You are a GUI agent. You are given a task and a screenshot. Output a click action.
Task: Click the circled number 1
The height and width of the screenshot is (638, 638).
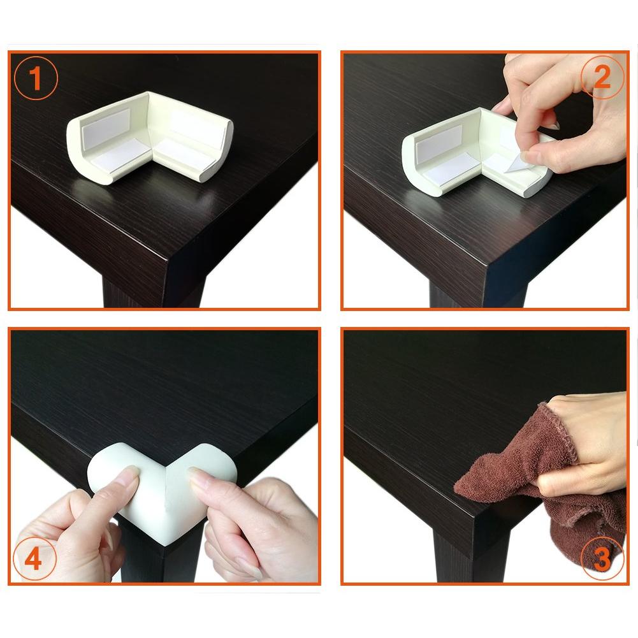point(36,78)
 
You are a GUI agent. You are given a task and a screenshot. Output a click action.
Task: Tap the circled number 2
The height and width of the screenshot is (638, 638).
point(602,76)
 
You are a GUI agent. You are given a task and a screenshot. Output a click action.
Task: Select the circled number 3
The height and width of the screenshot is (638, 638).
point(602,559)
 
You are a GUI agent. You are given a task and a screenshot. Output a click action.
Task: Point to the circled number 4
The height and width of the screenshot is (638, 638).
point(34,559)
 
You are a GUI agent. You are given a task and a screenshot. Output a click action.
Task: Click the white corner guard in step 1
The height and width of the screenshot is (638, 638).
point(150,138)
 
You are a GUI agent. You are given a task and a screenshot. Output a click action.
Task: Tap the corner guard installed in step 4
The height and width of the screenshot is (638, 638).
point(162,492)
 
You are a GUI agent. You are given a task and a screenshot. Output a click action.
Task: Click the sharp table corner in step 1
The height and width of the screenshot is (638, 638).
point(168,259)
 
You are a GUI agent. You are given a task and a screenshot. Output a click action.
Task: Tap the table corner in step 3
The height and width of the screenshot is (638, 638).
point(475,517)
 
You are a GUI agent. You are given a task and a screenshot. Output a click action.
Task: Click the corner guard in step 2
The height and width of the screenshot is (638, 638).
point(476,152)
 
